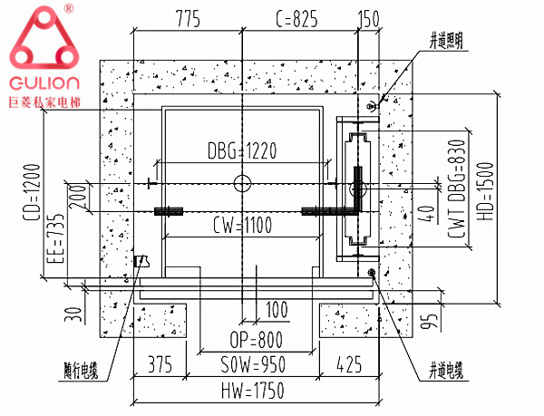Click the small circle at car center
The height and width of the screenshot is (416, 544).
click(240, 183)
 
